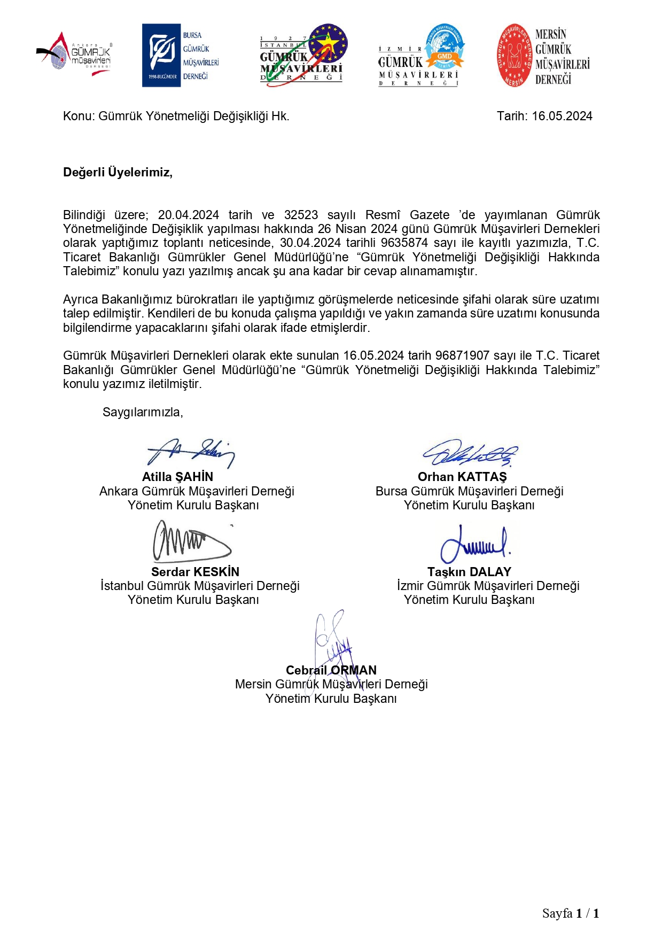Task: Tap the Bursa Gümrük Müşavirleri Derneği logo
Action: click(181, 56)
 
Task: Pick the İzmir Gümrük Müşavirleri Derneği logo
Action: click(420, 56)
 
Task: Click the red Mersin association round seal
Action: click(514, 56)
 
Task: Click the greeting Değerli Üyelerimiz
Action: click(118, 173)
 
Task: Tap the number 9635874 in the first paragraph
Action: click(404, 243)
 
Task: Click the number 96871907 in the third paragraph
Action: click(462, 356)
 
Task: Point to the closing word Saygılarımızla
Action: click(143, 413)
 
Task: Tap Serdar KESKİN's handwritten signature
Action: click(191, 541)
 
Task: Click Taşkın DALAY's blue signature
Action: click(474, 544)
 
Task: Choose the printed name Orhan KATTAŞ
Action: click(462, 477)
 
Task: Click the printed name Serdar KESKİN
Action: click(195, 572)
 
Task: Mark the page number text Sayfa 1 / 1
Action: click(571, 913)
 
